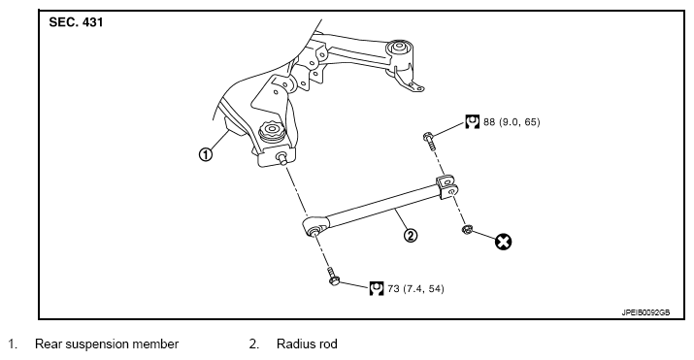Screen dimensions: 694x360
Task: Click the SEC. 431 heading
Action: (76, 22)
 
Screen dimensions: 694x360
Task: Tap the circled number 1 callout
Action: (206, 155)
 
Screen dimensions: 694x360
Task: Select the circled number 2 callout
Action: (411, 235)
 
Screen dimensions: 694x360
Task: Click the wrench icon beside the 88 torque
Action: (473, 121)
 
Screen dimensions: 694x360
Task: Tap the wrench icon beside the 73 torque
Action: (377, 288)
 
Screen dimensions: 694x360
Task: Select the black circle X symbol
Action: (503, 242)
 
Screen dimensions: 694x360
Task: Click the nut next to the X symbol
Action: (467, 230)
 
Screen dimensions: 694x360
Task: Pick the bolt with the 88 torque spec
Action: (430, 140)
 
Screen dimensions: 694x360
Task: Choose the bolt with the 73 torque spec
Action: (333, 277)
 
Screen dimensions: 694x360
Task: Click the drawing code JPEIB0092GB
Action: (645, 312)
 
